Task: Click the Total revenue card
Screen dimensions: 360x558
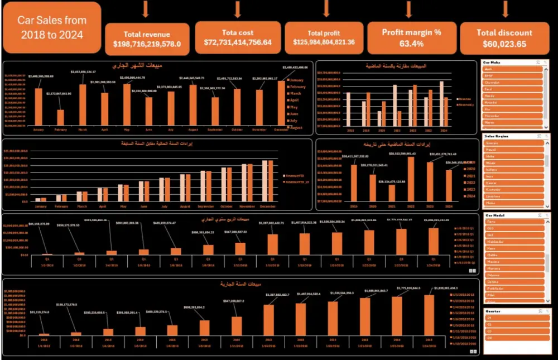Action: [147, 38]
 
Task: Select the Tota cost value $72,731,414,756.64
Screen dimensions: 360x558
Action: [238, 42]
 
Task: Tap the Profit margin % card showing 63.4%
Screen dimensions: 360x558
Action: [411, 37]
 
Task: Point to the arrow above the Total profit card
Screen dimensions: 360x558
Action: [326, 8]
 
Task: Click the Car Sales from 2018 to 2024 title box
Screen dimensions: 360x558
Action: [52, 27]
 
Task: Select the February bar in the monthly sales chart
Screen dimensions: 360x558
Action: [60, 117]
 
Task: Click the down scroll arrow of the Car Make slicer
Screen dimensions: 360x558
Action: [547, 128]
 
